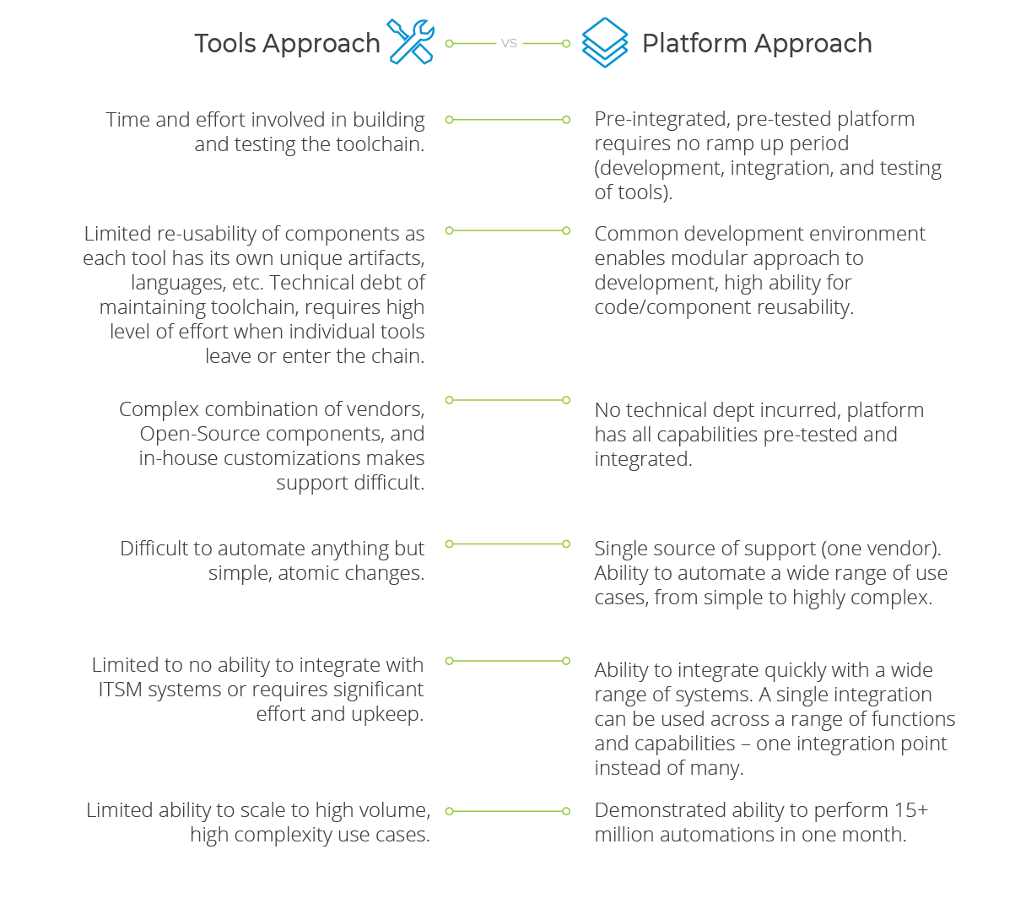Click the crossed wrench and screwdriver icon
click(411, 42)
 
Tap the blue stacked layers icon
click(605, 42)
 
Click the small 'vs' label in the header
click(509, 43)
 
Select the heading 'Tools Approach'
click(287, 44)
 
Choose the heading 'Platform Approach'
click(757, 44)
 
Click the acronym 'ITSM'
click(120, 690)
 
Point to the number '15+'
click(911, 810)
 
